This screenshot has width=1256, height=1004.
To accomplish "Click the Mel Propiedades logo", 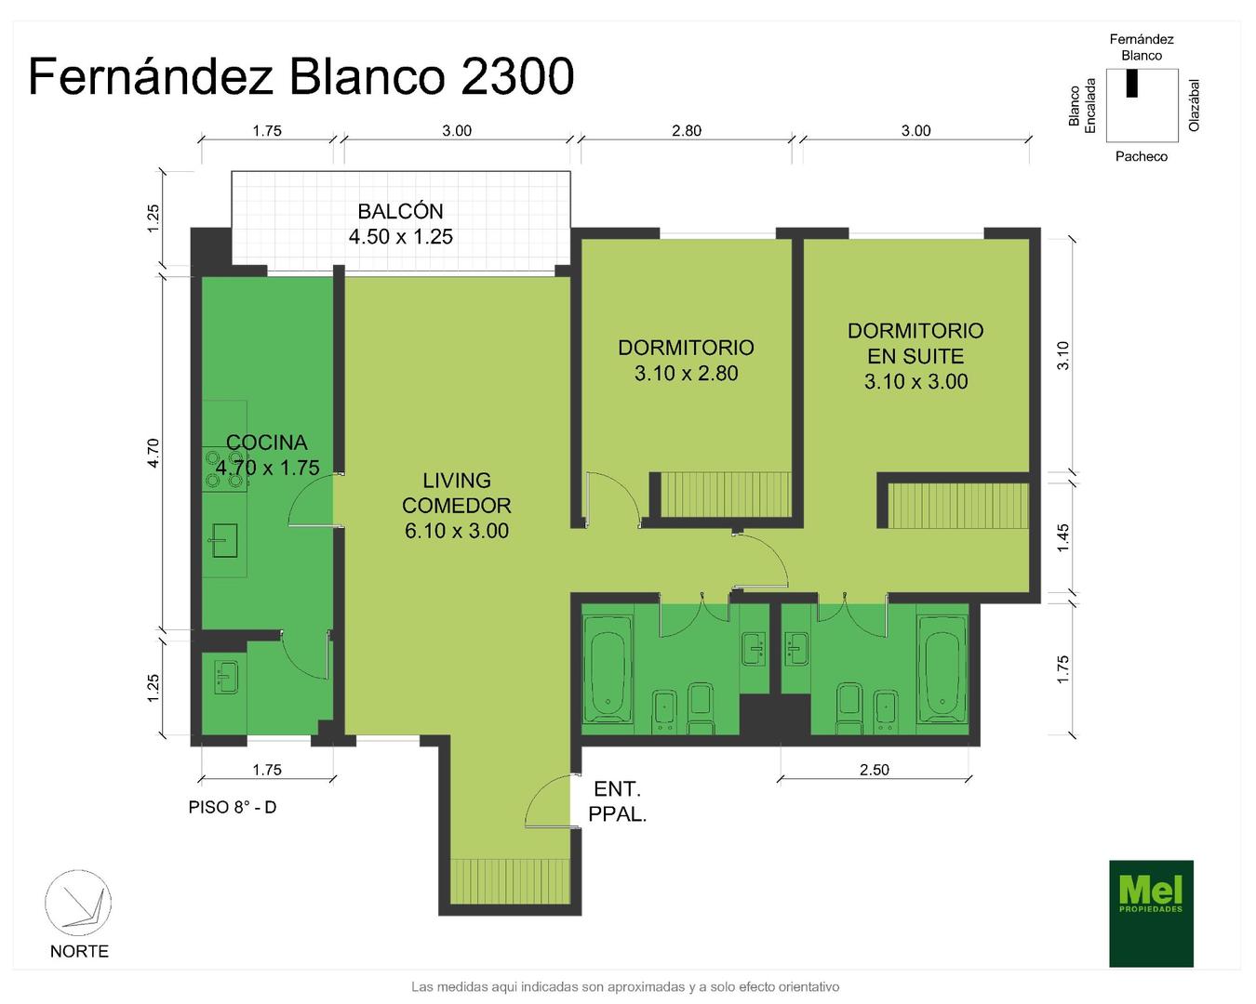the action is (x=1151, y=913).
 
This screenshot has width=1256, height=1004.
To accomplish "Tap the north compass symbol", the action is (x=78, y=903).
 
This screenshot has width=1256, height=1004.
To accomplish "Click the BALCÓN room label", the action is (x=400, y=211).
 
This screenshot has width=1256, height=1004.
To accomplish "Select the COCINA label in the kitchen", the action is (x=267, y=443).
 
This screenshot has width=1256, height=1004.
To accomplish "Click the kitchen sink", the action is (x=225, y=540).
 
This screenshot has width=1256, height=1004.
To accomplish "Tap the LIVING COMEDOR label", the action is (x=457, y=493).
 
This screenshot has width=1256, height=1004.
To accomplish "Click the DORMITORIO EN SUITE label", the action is (x=915, y=343).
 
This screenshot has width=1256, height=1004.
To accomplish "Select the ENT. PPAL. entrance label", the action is (x=618, y=801).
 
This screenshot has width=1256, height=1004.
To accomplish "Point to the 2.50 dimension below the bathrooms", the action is (x=875, y=770).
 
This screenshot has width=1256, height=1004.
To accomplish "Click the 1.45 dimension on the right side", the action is (x=1062, y=537).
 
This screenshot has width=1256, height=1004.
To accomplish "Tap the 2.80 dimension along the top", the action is (x=687, y=131).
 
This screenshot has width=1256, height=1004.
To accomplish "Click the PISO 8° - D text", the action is (x=233, y=808).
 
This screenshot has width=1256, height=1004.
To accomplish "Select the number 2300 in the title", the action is (x=517, y=76).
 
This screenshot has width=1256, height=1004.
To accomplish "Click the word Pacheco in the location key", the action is (x=1141, y=156).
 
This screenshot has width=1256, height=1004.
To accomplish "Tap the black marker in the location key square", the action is (x=1131, y=83).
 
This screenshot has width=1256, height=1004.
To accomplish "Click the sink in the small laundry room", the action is (x=226, y=677).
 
